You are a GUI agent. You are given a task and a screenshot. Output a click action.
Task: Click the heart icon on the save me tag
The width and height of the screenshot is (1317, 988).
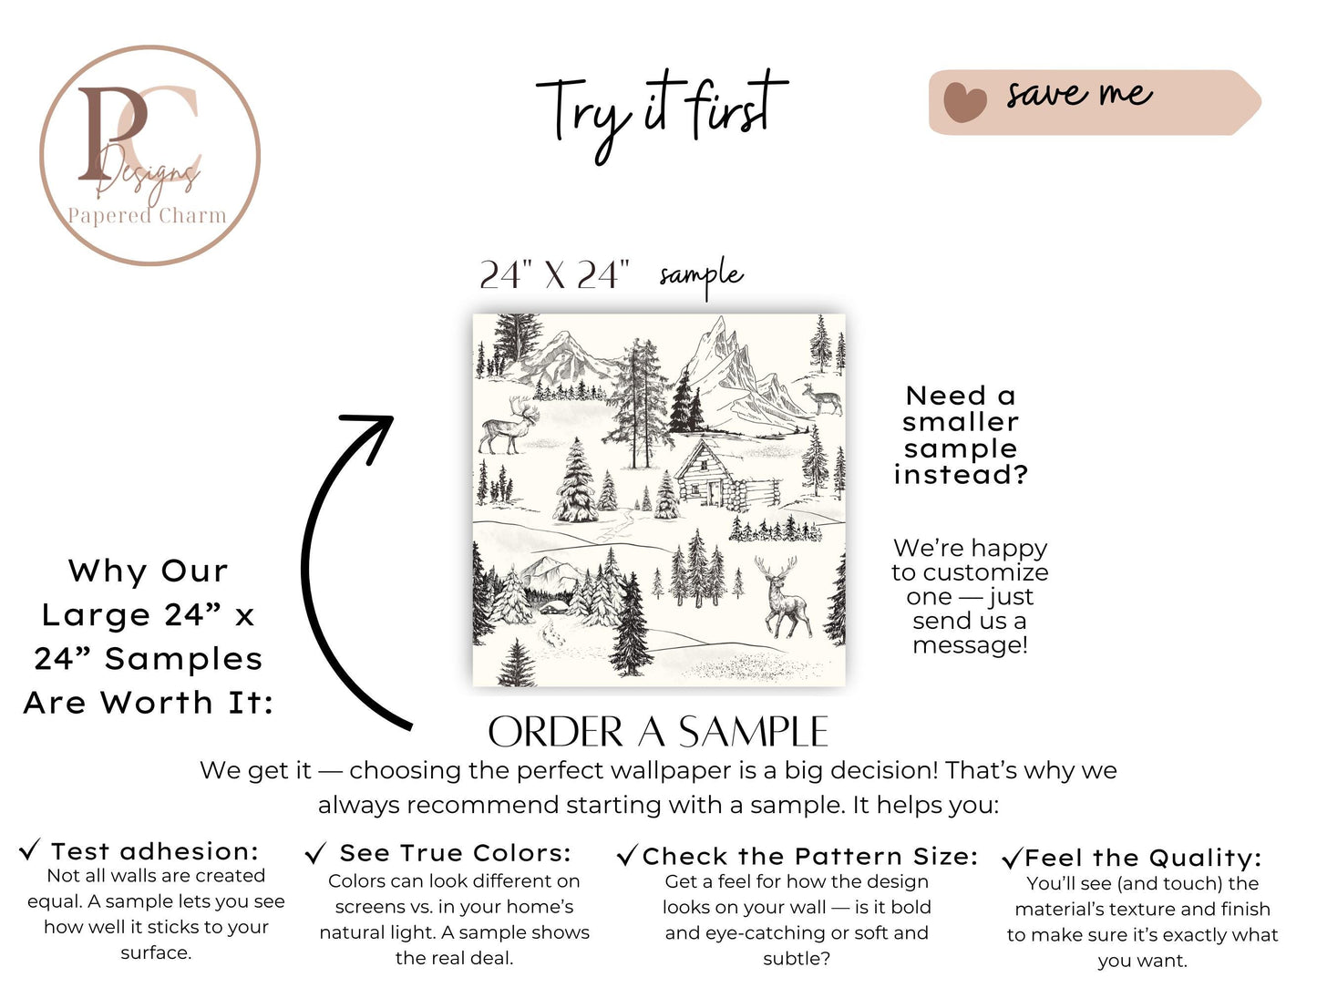click(964, 102)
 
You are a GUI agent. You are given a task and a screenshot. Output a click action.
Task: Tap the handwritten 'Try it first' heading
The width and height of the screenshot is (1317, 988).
click(661, 117)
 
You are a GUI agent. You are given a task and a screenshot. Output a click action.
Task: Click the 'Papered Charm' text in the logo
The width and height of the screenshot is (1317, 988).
click(147, 215)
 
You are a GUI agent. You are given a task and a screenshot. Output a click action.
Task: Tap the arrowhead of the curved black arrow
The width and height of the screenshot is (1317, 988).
click(373, 432)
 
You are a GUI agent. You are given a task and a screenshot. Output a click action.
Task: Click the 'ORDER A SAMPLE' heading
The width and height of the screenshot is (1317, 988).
click(658, 732)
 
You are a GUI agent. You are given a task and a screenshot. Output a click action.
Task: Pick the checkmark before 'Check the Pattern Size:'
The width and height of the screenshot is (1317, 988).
click(628, 855)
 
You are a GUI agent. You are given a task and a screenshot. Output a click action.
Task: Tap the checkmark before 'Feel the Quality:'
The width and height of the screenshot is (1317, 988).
click(1012, 858)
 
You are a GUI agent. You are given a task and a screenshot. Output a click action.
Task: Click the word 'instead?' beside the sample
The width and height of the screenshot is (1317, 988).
click(961, 475)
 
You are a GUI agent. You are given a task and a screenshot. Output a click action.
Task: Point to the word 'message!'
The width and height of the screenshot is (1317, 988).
click(970, 645)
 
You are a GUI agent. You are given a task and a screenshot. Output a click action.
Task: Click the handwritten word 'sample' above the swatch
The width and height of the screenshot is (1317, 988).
click(701, 277)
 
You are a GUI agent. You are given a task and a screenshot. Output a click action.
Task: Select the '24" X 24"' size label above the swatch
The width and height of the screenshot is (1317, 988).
click(554, 275)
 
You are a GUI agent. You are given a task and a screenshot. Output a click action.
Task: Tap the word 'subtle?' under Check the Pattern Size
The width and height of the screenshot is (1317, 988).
click(797, 959)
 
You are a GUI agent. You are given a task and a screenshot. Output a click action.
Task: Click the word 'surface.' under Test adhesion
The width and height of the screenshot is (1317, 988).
click(156, 952)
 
